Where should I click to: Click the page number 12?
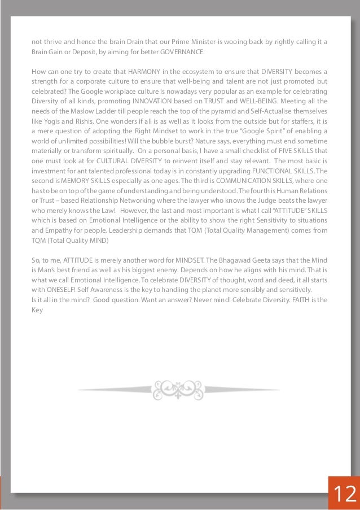coord(343,493)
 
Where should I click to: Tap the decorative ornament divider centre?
coord(179,390)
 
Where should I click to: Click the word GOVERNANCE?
coord(180,53)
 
